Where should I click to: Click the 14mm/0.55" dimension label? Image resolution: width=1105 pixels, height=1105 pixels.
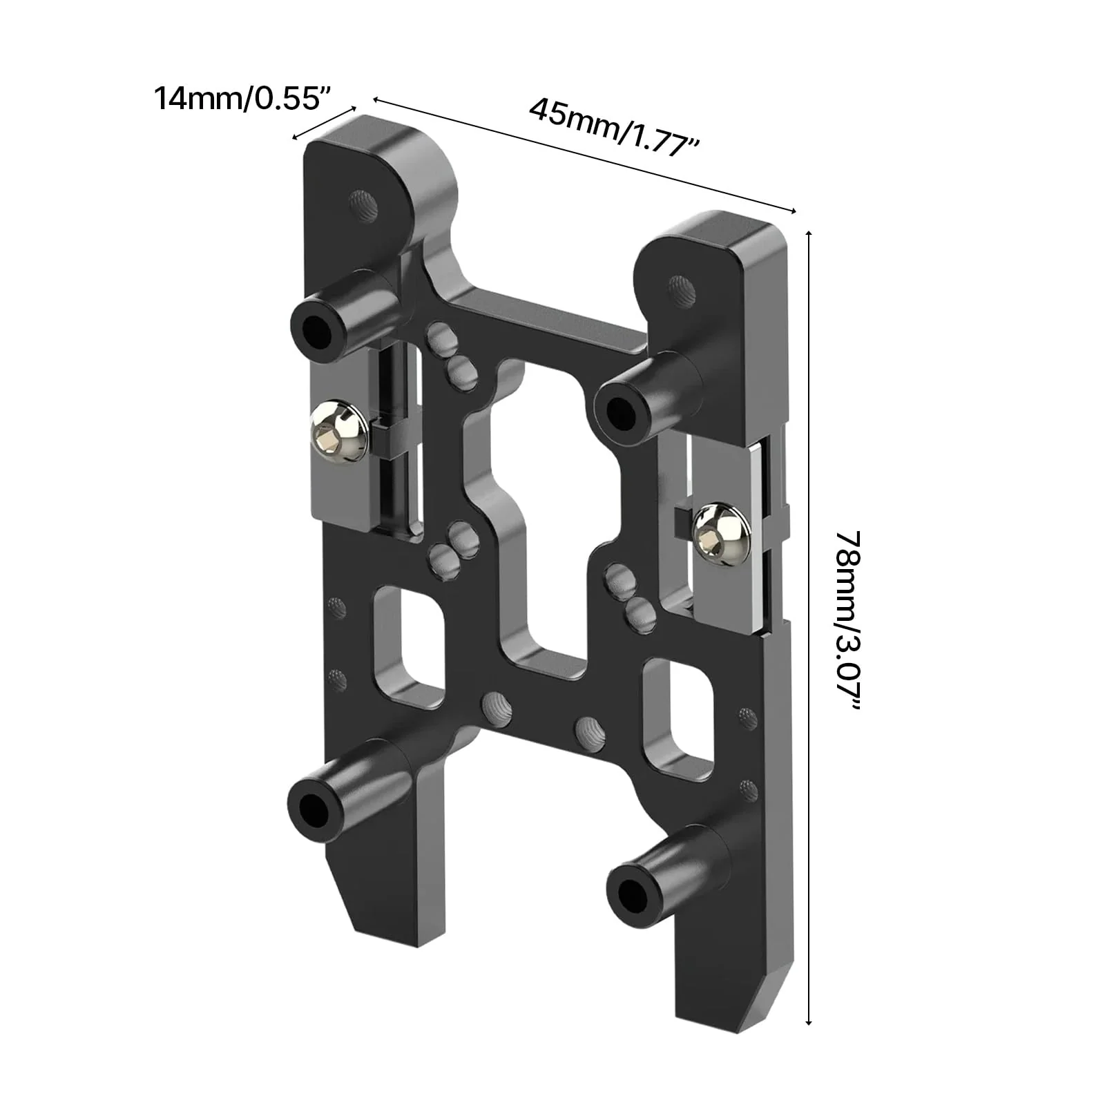point(239,97)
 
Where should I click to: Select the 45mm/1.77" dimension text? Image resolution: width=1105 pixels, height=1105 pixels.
point(615,128)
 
